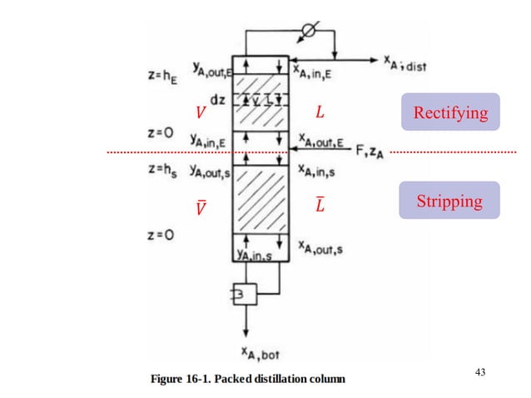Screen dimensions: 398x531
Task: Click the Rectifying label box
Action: [x=449, y=112]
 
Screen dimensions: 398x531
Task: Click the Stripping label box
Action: [x=449, y=201]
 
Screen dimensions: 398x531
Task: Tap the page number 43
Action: [x=480, y=372]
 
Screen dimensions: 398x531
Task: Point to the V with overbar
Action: [x=199, y=206]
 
